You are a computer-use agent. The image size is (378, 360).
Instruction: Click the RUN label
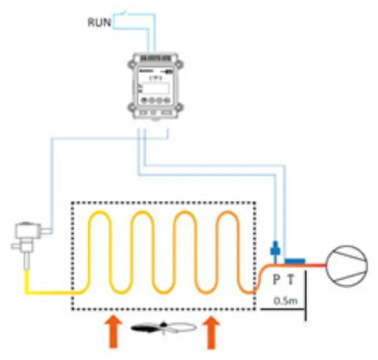tap(99, 23)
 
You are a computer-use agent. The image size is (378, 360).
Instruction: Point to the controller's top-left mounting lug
tap(132, 63)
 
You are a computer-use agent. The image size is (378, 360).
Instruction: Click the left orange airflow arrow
tap(112, 331)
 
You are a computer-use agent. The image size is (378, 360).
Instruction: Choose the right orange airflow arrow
tap(212, 331)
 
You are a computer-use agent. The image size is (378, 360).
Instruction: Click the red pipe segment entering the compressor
tap(314, 265)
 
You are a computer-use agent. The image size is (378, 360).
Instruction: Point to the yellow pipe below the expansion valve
tap(28, 280)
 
